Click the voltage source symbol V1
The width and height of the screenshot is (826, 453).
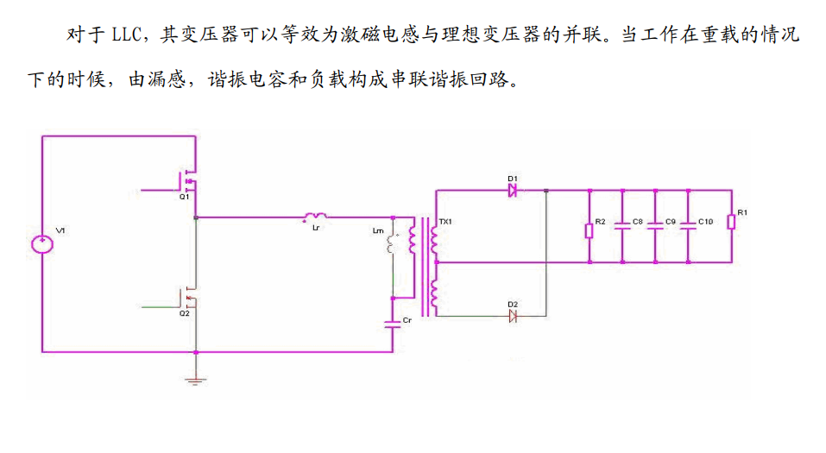tap(41, 243)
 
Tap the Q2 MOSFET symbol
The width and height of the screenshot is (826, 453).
tap(189, 299)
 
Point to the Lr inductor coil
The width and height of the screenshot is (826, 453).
tap(315, 216)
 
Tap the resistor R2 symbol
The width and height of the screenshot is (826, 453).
tap(589, 230)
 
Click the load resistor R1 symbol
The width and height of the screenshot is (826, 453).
tap(730, 223)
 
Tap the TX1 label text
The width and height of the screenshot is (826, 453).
tap(446, 222)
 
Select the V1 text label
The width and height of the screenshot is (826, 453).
tap(60, 230)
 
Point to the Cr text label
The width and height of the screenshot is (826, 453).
tap(408, 321)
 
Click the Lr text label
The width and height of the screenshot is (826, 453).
tap(316, 228)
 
